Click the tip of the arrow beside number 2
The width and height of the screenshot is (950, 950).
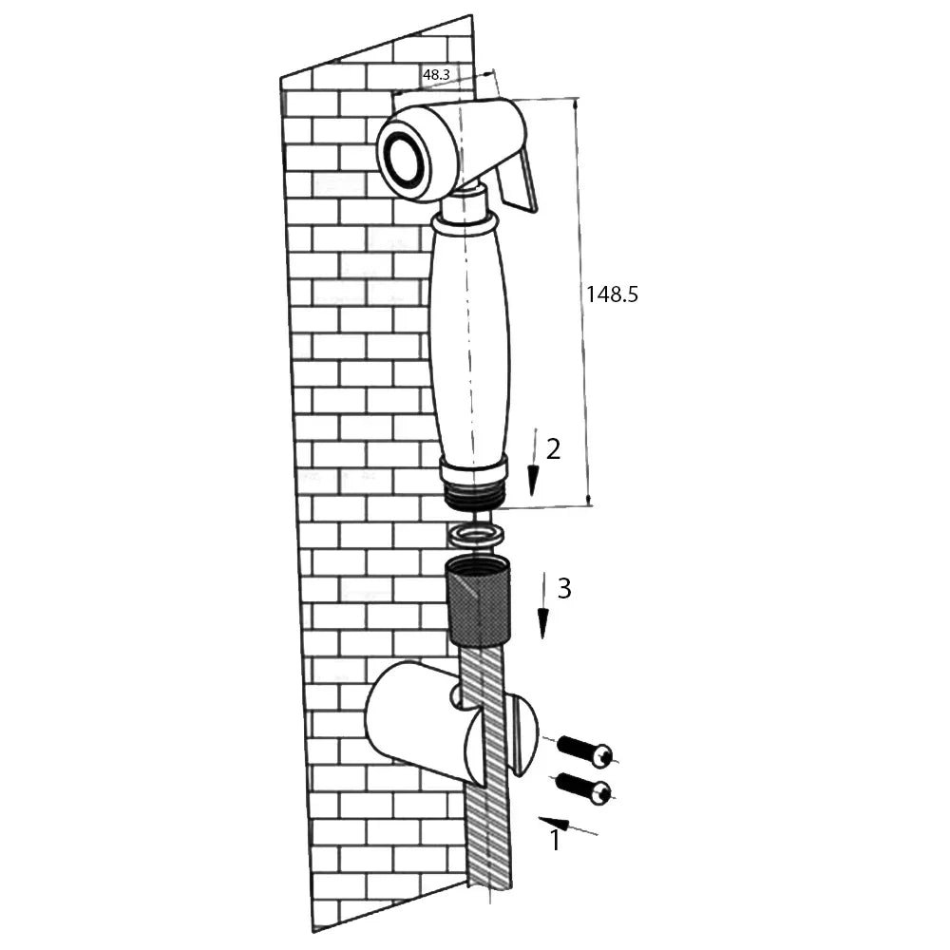[533, 496]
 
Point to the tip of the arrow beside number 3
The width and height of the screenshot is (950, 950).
[542, 638]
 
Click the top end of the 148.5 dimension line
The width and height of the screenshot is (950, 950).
[576, 98]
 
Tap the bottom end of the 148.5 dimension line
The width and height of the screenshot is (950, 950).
[589, 506]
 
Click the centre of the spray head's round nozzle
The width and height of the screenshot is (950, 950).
[404, 160]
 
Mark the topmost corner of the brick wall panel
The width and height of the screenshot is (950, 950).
[471, 14]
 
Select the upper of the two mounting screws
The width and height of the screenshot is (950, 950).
[584, 750]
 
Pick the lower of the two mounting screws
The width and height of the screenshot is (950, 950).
[583, 788]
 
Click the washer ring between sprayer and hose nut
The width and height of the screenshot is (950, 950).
[476, 534]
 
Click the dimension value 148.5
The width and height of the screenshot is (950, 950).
[612, 294]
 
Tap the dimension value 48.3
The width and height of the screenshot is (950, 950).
[436, 74]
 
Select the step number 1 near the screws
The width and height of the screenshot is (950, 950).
[555, 841]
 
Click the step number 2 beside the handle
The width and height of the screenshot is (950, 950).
[553, 449]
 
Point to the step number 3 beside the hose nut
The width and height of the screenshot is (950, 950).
[564, 588]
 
